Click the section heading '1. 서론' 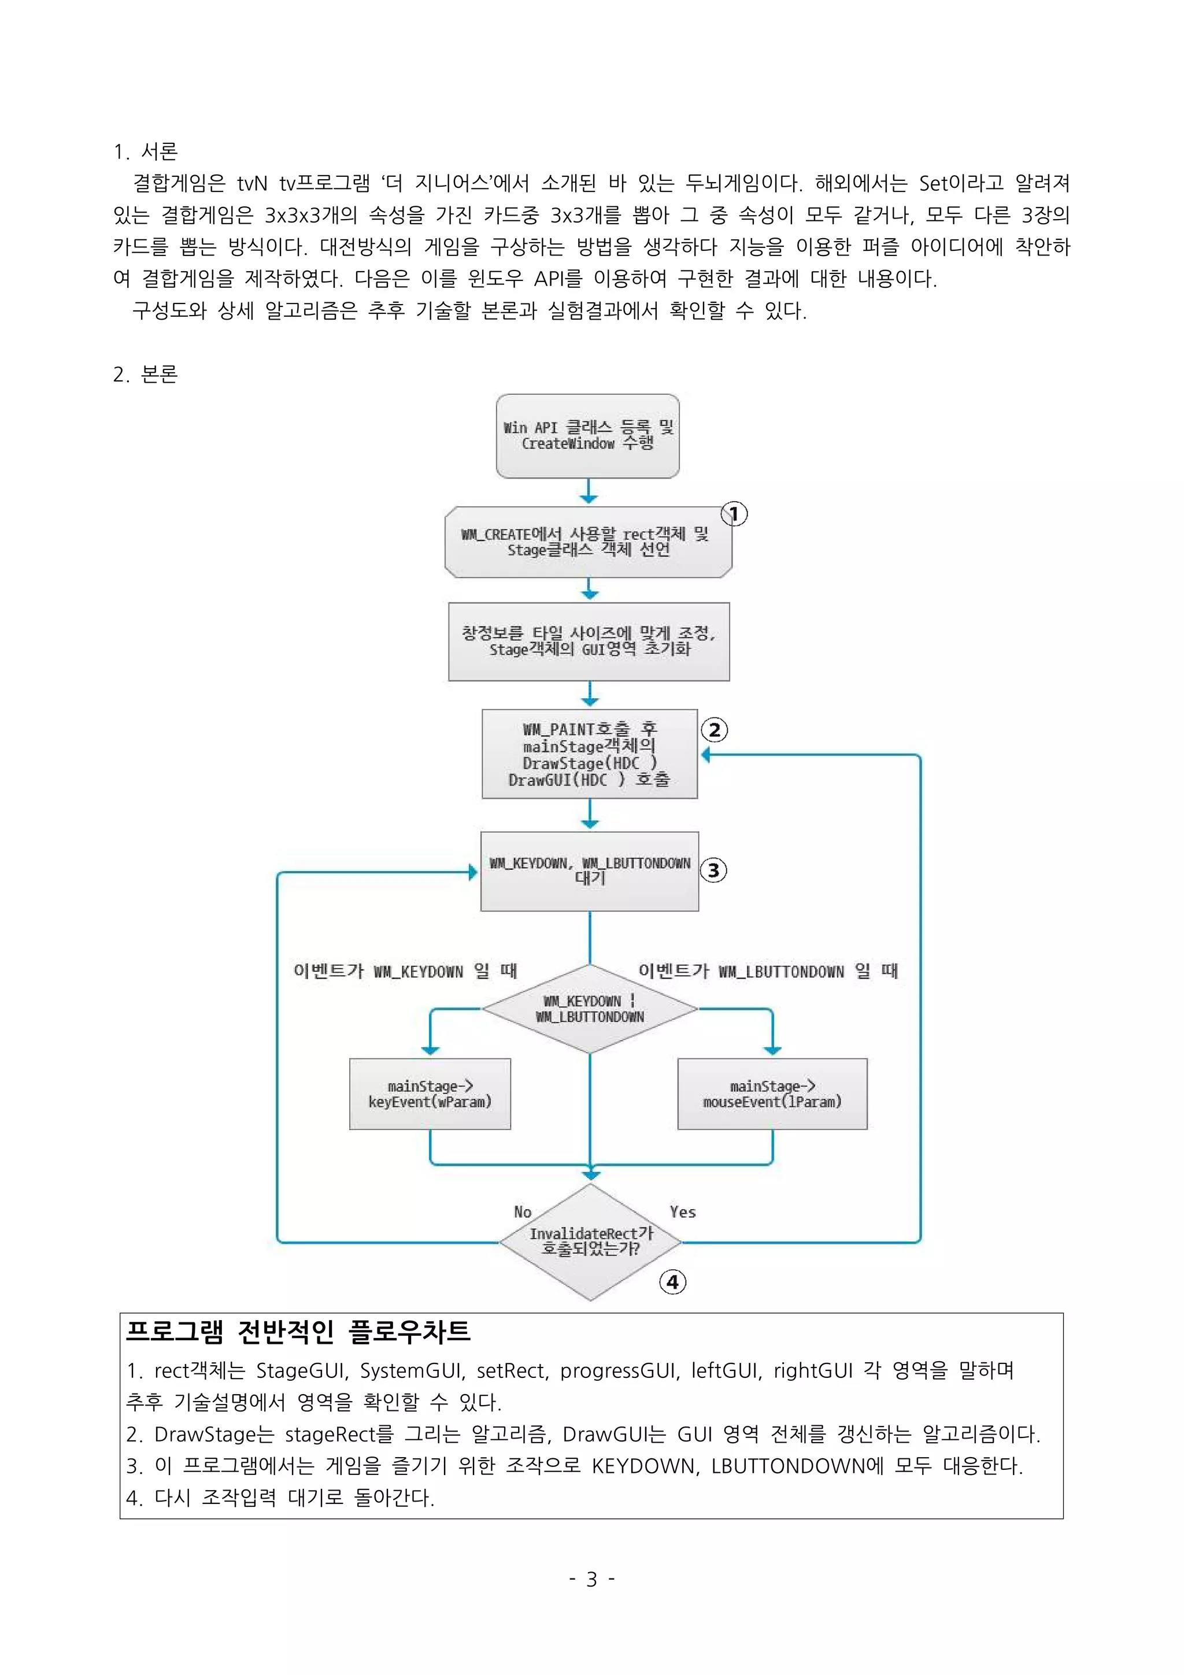146,151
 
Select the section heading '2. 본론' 146,375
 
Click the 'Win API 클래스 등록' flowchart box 588,436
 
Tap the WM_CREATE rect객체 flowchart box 588,542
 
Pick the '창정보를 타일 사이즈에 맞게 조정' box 589,641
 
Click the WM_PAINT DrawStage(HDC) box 590,754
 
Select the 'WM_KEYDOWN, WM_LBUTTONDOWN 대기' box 590,870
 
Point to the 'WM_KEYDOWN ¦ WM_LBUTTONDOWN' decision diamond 590,1009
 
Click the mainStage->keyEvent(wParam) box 430,1094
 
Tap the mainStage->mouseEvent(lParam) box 772,1094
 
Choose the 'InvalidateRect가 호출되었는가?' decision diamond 590,1242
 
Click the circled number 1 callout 735,514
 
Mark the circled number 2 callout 714,729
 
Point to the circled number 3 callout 713,870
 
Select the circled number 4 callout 672,1282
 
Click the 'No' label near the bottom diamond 522,1212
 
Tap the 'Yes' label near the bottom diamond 683,1212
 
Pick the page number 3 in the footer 591,1580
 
